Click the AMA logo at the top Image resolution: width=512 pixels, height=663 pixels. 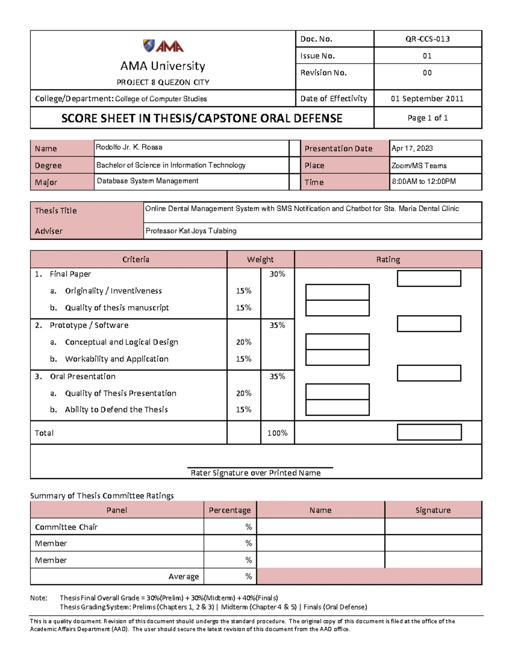point(163,46)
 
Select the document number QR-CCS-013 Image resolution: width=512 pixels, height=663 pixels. point(427,39)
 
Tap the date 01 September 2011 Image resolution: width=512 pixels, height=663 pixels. point(427,99)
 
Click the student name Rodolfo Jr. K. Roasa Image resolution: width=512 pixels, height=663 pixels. point(129,147)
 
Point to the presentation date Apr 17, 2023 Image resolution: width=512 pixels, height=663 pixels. point(412,148)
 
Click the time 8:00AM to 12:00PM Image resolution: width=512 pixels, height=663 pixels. point(424,181)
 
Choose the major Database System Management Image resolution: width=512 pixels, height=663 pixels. point(147,181)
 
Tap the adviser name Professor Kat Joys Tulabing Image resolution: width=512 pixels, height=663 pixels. point(191,231)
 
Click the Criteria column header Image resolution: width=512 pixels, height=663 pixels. point(136,260)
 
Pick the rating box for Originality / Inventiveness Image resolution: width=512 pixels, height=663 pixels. point(337,292)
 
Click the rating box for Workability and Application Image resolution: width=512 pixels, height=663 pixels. point(337,358)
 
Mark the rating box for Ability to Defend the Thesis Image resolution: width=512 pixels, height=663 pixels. point(337,408)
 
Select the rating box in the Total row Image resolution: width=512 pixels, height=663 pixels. point(429,432)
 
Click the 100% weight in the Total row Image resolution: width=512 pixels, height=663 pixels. point(277,433)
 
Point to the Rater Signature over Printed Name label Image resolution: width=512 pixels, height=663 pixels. point(256,473)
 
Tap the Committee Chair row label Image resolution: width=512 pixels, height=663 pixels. point(66,527)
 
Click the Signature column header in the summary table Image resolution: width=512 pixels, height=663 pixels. point(433,510)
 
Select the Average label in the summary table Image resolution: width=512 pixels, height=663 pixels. point(183,577)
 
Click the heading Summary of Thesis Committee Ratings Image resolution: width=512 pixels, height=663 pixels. point(102,496)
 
